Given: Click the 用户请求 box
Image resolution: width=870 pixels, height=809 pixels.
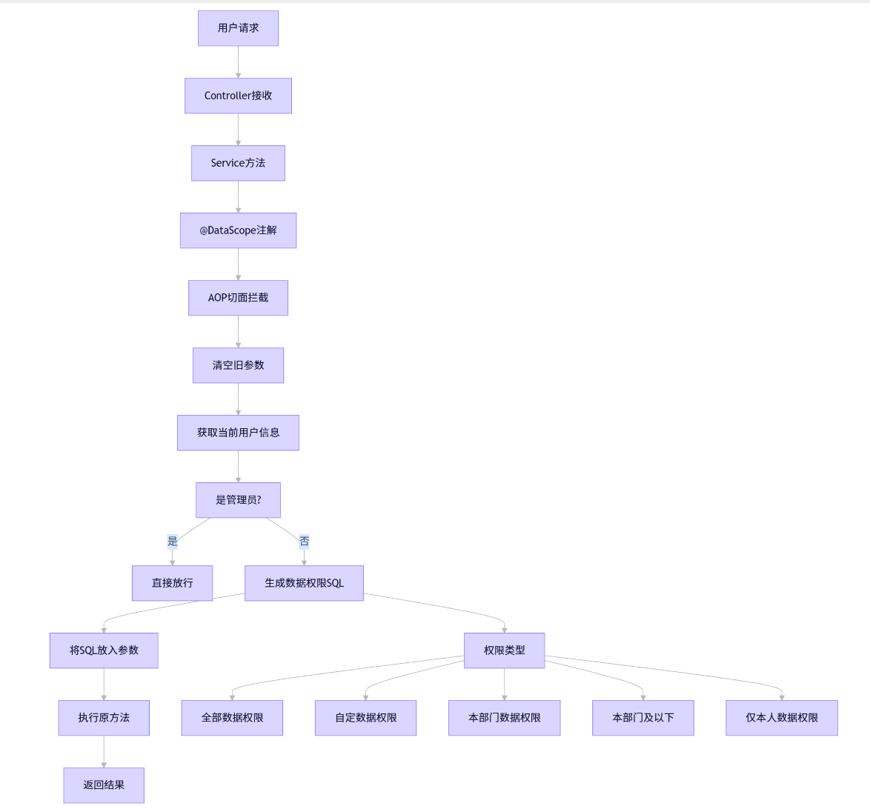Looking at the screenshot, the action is click(238, 28).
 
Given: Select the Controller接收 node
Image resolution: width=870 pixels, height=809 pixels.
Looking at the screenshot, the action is click(238, 96).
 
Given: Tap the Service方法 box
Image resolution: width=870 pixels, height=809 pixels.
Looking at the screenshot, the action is click(238, 163).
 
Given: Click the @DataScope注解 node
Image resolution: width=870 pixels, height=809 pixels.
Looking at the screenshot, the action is click(238, 230).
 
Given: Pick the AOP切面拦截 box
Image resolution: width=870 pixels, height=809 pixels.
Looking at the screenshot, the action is click(238, 298).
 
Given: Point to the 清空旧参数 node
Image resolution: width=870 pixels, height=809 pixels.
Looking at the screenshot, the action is click(238, 365).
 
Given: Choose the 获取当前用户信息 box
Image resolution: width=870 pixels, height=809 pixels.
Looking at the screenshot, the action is click(238, 433).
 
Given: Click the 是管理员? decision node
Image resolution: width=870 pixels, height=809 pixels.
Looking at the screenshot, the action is click(238, 500).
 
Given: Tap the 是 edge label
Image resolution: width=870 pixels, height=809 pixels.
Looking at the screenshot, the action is click(173, 542).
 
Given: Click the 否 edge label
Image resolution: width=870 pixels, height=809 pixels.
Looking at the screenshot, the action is click(304, 542).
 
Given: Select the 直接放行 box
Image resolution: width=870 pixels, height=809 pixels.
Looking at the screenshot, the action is click(172, 583).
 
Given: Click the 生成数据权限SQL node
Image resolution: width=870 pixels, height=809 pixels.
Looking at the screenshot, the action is click(304, 583).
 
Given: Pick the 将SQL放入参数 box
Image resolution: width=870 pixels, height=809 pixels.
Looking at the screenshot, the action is click(104, 650).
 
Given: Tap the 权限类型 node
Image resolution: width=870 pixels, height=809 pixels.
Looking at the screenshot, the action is click(504, 650).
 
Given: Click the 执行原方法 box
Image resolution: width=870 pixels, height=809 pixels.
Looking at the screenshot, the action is click(104, 718).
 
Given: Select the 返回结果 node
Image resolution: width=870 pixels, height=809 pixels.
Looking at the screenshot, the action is click(104, 785).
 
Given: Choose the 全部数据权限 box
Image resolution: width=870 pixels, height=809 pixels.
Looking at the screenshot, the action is click(232, 718).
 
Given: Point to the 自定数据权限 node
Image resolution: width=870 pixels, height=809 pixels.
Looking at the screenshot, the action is click(365, 718).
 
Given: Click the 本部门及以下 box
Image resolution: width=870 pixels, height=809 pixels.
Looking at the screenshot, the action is click(642, 718).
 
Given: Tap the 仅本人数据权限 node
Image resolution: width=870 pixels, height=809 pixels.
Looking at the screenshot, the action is click(781, 718).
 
